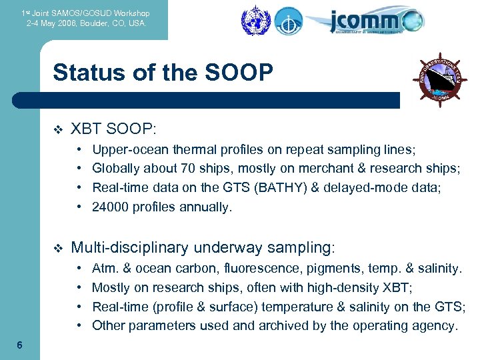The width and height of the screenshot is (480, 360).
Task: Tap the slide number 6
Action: [x=20, y=345]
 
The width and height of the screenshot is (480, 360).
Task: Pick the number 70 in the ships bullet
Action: [x=173, y=168]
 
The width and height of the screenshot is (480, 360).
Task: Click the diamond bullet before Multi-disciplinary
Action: [x=56, y=249]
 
